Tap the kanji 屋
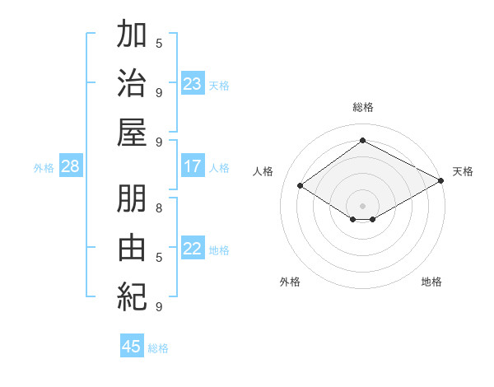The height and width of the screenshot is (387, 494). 132,132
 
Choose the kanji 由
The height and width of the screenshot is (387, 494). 132,247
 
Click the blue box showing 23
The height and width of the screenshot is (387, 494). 193,84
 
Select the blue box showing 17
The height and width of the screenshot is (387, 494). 193,167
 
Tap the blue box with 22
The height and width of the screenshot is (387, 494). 193,249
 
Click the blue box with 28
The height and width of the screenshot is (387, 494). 71,167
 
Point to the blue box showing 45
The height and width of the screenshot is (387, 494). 132,347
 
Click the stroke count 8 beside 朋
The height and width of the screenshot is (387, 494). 159,207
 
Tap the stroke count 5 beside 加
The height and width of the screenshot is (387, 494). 159,43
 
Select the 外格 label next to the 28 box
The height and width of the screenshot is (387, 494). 44,168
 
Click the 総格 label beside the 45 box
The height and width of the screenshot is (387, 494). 158,348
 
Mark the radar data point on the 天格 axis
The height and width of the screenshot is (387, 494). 442,181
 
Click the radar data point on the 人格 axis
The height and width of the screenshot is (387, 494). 301,186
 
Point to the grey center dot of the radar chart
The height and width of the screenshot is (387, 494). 363,205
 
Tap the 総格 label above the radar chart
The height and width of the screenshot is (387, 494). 363,107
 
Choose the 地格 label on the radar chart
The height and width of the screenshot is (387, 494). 431,282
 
